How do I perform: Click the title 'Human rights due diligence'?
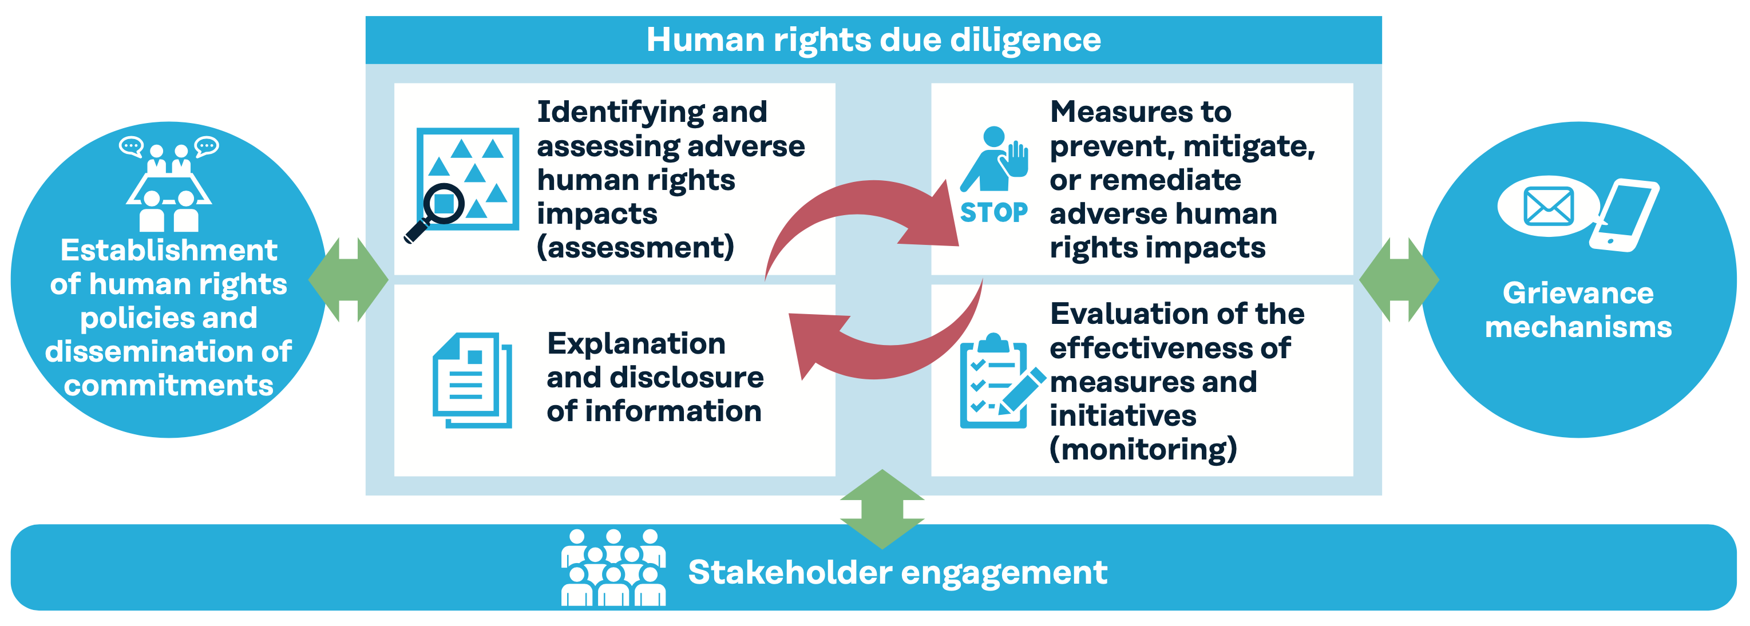point(874,40)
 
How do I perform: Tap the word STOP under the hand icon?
point(994,212)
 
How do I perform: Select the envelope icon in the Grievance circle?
point(1549,207)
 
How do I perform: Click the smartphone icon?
point(1624,215)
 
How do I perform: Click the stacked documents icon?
point(472,380)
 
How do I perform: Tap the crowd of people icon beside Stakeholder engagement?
point(613,568)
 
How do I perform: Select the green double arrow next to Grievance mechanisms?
point(1399,280)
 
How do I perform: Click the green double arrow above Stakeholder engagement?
point(882,509)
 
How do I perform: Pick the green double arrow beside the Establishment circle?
point(349,280)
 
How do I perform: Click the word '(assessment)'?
point(636,247)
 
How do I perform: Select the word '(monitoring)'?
point(1143,449)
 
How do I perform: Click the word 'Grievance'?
point(1578,294)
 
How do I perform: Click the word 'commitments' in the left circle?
point(168,386)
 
